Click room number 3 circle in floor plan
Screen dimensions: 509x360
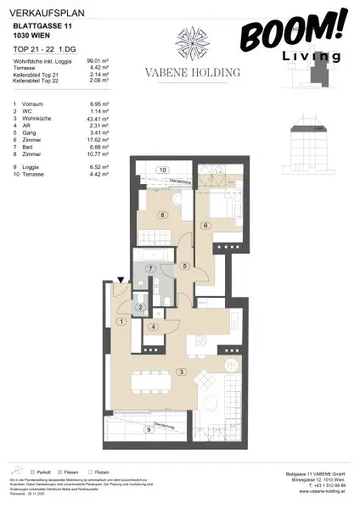[x=179, y=372]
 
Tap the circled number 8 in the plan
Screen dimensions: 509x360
[x=163, y=215]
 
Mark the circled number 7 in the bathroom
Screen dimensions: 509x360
[x=149, y=269]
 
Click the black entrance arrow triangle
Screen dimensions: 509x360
[x=121, y=279]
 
